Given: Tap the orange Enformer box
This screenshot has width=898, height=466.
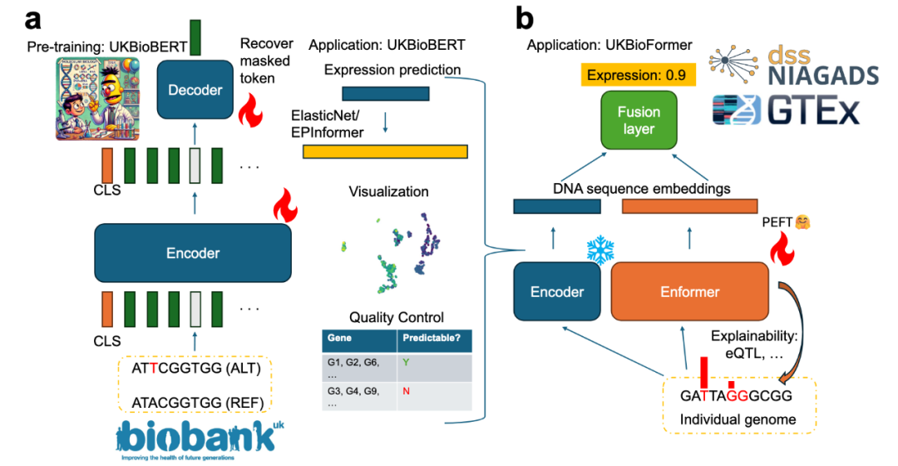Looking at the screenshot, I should (x=689, y=291).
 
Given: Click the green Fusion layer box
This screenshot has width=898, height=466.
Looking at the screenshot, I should (x=639, y=121).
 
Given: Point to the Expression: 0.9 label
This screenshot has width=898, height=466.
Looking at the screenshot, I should (x=636, y=76).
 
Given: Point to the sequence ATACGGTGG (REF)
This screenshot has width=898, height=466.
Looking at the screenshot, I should (x=197, y=403).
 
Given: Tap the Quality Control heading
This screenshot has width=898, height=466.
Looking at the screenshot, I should (x=397, y=317).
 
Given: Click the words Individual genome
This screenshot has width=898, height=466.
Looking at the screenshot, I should (x=738, y=419).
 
